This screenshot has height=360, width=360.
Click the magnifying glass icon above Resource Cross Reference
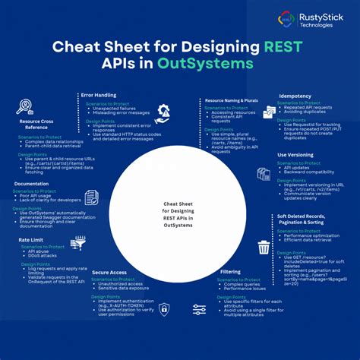click(x=25, y=106)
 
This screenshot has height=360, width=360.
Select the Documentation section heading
click(x=32, y=183)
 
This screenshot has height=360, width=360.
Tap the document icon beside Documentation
click(x=92, y=197)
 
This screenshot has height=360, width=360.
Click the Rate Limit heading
click(x=32, y=240)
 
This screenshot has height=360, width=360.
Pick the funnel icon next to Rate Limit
click(x=77, y=243)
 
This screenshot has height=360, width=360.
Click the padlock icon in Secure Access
click(x=163, y=309)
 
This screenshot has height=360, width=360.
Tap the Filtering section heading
click(x=231, y=271)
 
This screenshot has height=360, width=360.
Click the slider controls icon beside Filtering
click(x=200, y=309)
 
